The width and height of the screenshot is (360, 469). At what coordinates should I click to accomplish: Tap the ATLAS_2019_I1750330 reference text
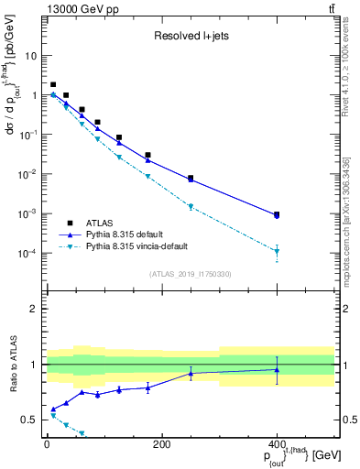(x=190, y=273)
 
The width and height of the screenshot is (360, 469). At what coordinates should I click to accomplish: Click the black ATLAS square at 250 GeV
(x=191, y=179)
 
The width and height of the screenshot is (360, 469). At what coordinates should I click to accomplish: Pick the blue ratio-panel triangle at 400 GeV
(x=277, y=370)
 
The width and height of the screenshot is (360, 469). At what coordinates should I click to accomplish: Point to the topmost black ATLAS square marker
(x=53, y=84)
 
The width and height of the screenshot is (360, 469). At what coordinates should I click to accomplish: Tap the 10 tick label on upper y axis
(x=30, y=55)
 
